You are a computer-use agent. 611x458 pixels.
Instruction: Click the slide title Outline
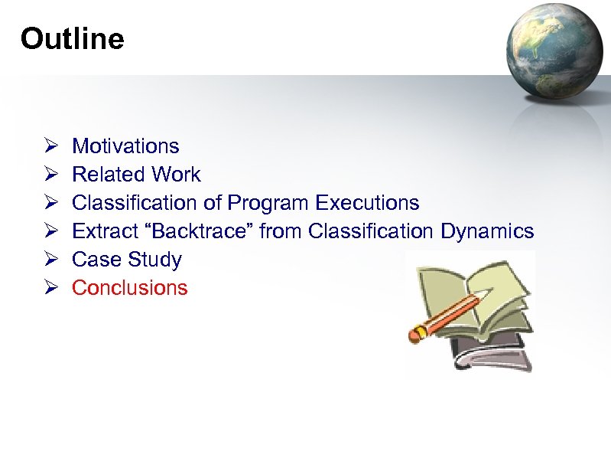pyautogui.click(x=72, y=38)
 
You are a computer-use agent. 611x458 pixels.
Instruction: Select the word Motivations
pyautogui.click(x=125, y=146)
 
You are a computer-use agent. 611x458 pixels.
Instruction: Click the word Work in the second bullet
pyautogui.click(x=176, y=175)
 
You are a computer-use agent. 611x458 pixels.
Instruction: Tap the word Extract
pyautogui.click(x=100, y=231)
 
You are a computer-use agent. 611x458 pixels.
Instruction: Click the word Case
pyautogui.click(x=96, y=260)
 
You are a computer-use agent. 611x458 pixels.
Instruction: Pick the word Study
pyautogui.click(x=154, y=260)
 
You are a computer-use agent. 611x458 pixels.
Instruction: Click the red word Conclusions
pyautogui.click(x=129, y=288)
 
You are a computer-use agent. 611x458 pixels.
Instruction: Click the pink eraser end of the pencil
pyautogui.click(x=417, y=333)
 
